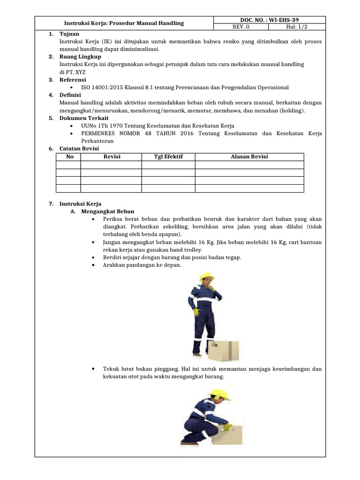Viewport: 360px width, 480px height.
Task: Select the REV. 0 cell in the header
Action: coord(241,27)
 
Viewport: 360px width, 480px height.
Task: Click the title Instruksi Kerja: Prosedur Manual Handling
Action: coord(124,23)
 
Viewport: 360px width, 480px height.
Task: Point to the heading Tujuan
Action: coord(69,34)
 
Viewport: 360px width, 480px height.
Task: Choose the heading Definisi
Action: coord(70,95)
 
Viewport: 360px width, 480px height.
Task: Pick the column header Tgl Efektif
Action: coord(168,157)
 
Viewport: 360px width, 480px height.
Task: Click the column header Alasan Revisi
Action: coord(249,157)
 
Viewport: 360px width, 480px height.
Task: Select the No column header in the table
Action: coord(70,157)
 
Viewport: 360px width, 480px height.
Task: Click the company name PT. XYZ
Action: coord(73,72)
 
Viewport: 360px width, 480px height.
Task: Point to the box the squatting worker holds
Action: coord(227,434)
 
